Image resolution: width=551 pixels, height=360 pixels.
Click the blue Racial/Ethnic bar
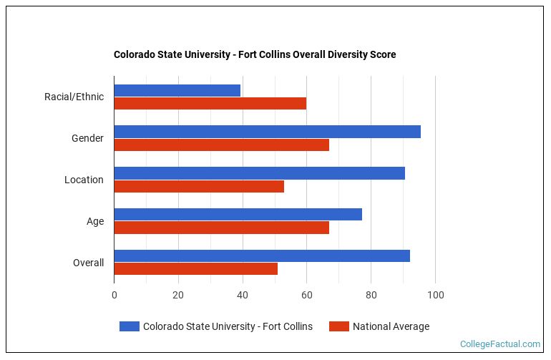click(177, 90)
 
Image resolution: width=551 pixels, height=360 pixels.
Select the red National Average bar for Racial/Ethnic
click(210, 103)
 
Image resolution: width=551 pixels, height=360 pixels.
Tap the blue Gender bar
click(267, 132)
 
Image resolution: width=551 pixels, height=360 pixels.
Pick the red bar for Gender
click(221, 145)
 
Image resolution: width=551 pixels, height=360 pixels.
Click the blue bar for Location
click(259, 173)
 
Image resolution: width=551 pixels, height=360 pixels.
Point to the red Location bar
click(199, 186)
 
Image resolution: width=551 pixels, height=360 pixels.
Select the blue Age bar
click(238, 215)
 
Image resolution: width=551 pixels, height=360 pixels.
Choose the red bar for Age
click(221, 228)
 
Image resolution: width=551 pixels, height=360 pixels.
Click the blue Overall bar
click(262, 256)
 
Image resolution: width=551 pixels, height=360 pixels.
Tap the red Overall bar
click(195, 269)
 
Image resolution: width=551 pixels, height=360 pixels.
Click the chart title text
click(255, 54)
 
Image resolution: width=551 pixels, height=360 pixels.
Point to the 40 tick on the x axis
click(243, 294)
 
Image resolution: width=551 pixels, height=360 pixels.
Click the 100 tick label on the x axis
click(435, 294)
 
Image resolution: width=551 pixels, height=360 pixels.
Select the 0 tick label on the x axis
click(114, 294)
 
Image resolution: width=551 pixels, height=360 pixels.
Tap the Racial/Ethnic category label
click(74, 97)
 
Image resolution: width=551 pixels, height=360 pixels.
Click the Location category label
click(84, 180)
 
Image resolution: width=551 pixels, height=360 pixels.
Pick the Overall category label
click(88, 263)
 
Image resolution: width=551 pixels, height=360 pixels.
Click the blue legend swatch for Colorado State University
click(129, 326)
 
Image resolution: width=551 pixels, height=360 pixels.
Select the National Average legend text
click(391, 326)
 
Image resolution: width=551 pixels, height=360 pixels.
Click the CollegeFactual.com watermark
click(500, 344)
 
